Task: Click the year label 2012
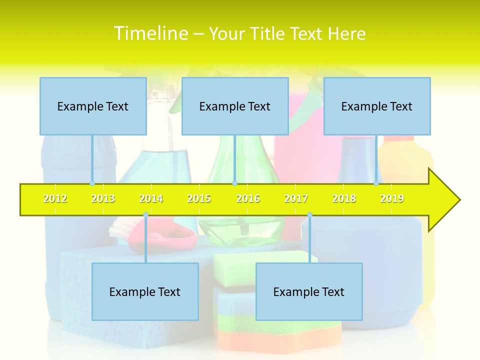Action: coord(55,199)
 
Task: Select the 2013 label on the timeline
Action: coord(103,199)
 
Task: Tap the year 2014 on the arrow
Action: coord(151,199)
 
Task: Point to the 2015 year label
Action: coord(199,199)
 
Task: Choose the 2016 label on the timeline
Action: coord(248,199)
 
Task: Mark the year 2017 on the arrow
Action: coord(296,199)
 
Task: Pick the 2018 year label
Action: coord(344,199)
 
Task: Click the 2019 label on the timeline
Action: coord(392,199)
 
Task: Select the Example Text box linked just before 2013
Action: coord(93,106)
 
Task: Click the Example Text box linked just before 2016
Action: coord(235,106)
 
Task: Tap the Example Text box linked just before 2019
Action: coord(377,106)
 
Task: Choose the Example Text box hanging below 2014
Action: coord(145,291)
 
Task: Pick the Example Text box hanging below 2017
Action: coord(309,291)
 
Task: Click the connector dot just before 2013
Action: coord(92,183)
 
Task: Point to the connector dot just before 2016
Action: coord(234,183)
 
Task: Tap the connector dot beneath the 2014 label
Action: coord(145,215)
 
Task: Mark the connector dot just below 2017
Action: coord(309,215)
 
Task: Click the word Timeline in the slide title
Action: coord(151,33)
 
